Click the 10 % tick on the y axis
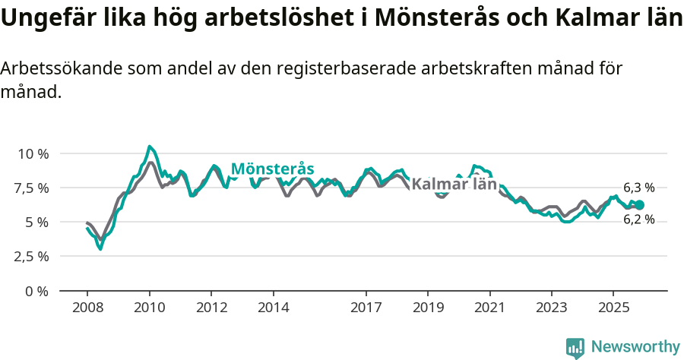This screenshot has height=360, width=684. point(33,153)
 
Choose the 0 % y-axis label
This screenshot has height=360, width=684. point(36,291)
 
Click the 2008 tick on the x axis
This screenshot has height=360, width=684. point(87,308)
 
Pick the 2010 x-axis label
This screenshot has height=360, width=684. point(150,308)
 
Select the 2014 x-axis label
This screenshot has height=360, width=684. point(274,308)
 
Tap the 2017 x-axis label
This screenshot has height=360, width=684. point(366,308)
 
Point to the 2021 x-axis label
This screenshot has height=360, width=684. point(490,308)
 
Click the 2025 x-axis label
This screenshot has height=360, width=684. point(613,308)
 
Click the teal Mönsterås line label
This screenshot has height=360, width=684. point(272,169)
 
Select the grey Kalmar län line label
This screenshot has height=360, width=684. point(454,185)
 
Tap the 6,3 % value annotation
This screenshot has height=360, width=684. point(638,188)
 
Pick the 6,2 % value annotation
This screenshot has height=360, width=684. point(638,219)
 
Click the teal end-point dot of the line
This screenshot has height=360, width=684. point(639,205)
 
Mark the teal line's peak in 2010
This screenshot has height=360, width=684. point(150,147)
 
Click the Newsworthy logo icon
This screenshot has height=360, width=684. point(575,348)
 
